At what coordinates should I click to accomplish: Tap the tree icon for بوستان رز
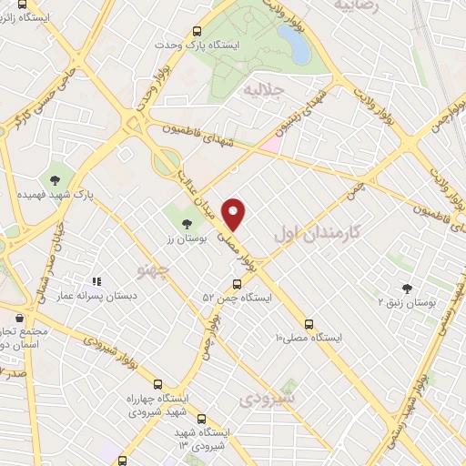(x=187, y=222)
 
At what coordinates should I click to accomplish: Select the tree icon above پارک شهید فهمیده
(x=56, y=178)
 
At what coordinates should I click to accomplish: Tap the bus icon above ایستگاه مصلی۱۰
(x=309, y=323)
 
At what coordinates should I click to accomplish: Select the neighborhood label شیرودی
(x=270, y=399)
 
